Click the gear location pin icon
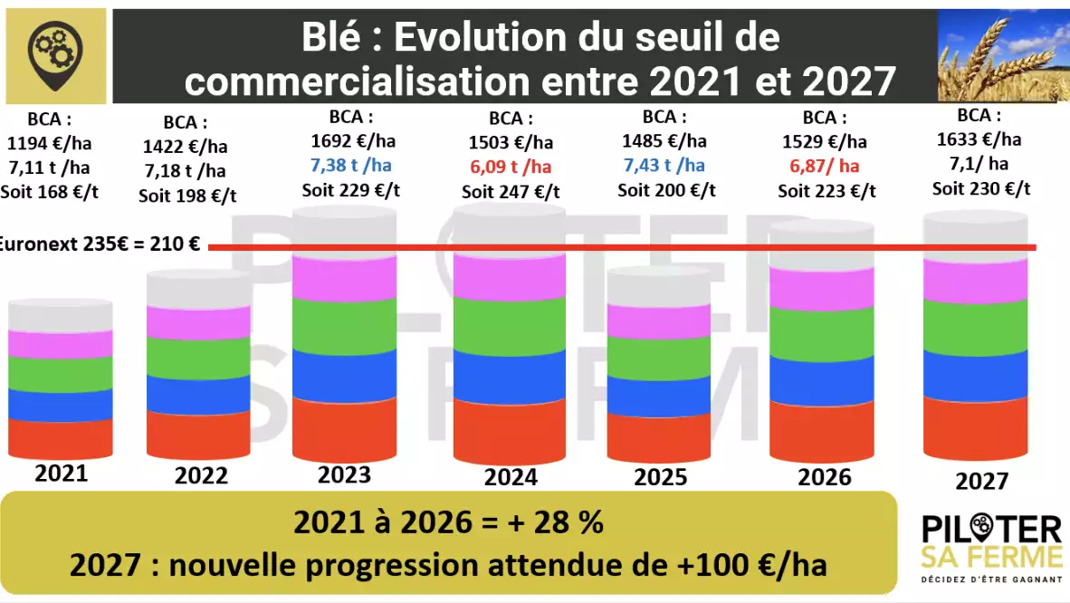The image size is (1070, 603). click(55, 55)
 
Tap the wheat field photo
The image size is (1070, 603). click(1003, 56)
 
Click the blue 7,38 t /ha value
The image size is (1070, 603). click(350, 166)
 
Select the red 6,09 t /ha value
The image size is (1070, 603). click(511, 167)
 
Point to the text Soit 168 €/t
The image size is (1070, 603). click(49, 192)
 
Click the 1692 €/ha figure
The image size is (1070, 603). click(353, 141)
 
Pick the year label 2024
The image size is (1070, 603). click(511, 476)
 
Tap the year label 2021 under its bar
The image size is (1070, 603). click(62, 474)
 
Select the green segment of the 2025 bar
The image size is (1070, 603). click(658, 358)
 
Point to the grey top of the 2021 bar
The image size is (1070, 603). click(61, 315)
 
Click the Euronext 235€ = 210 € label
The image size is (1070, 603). click(100, 244)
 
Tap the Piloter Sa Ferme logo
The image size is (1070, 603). click(991, 548)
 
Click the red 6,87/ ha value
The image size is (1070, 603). click(825, 166)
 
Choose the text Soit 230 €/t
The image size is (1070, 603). click(981, 188)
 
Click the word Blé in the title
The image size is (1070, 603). click(331, 37)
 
